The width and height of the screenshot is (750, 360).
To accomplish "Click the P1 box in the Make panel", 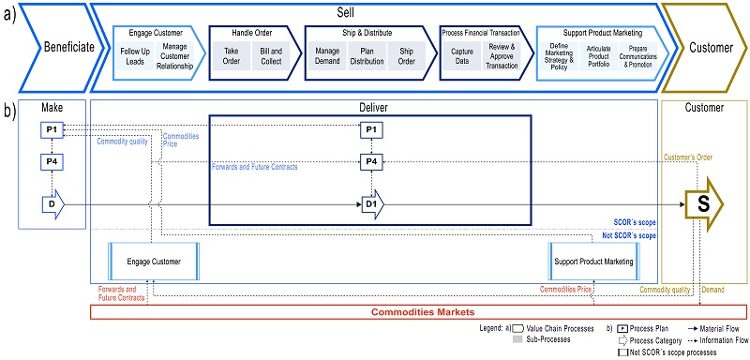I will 53,128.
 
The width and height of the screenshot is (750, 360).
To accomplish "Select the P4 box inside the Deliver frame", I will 371,162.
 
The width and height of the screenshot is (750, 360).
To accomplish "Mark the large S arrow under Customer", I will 703,204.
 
